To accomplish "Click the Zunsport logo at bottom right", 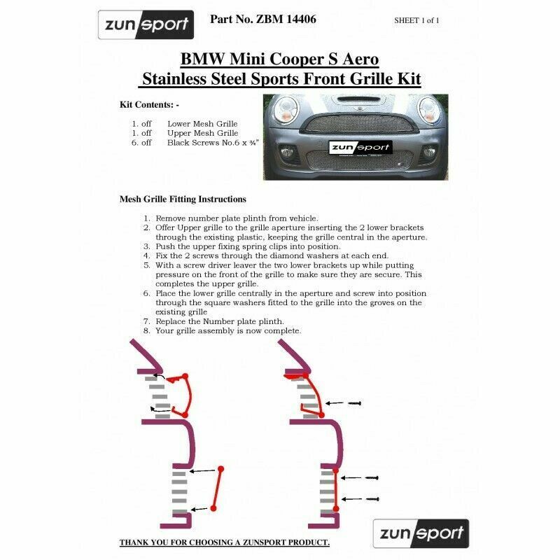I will tap(420, 533).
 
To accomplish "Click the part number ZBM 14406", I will tap(263, 20).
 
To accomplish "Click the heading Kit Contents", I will tap(150, 104).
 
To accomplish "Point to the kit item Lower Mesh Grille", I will tap(203, 122).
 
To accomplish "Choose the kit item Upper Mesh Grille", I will tap(203, 132).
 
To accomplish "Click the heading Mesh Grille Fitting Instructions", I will tap(183, 199).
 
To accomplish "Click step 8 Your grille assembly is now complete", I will tap(229, 330).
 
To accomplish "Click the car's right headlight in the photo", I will tap(428, 109).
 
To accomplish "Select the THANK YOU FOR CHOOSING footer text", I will tap(224, 542).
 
